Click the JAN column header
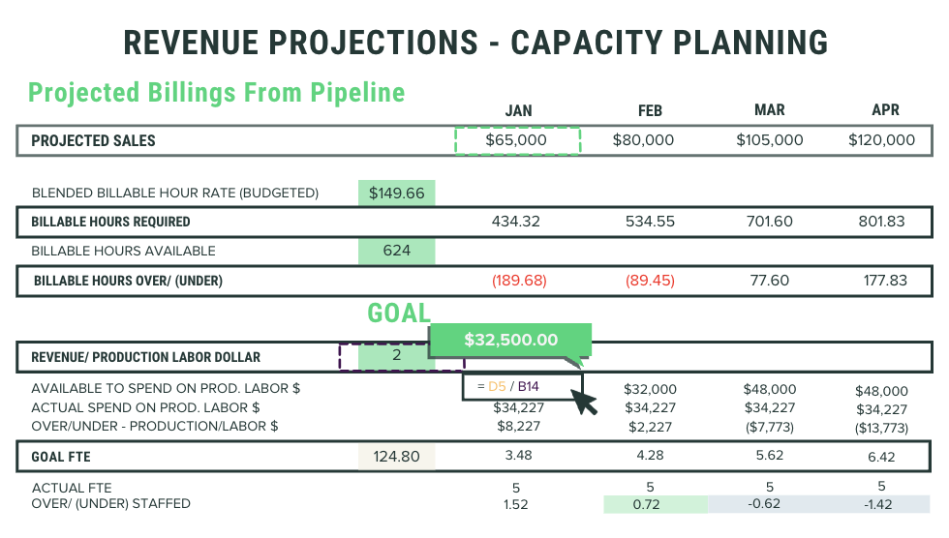tap(518, 110)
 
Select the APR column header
tap(885, 110)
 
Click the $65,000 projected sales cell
tap(517, 140)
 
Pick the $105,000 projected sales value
tap(769, 140)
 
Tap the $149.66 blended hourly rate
tap(396, 193)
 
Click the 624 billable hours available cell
tap(396, 251)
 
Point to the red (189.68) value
tap(518, 281)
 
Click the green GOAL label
tap(398, 314)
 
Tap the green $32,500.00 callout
tap(509, 340)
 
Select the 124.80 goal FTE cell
tap(396, 457)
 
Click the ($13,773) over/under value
tap(881, 427)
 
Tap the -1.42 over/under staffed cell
tap(880, 504)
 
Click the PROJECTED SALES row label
tap(93, 141)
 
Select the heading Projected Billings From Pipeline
tap(216, 93)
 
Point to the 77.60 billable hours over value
tap(769, 281)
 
